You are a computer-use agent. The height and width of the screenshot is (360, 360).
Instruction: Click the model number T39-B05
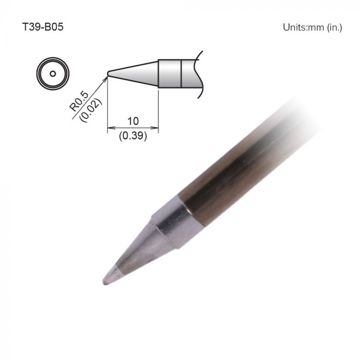[43, 27]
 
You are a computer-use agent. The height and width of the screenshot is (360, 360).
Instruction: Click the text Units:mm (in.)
[312, 27]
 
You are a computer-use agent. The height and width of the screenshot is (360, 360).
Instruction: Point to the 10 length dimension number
[133, 121]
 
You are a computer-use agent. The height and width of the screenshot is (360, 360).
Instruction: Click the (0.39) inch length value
[133, 137]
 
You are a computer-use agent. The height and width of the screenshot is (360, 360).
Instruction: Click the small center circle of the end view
[52, 74]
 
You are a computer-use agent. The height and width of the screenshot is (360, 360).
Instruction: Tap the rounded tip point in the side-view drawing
[108, 74]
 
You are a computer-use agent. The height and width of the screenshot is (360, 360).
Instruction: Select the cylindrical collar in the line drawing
[170, 74]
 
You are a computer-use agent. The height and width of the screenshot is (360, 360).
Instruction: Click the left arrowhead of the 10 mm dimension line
[110, 128]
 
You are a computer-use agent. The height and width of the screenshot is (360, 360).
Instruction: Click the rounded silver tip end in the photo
[107, 280]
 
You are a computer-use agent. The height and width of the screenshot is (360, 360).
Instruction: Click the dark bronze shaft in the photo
[242, 165]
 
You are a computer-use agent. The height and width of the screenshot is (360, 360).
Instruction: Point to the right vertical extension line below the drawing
[158, 111]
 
